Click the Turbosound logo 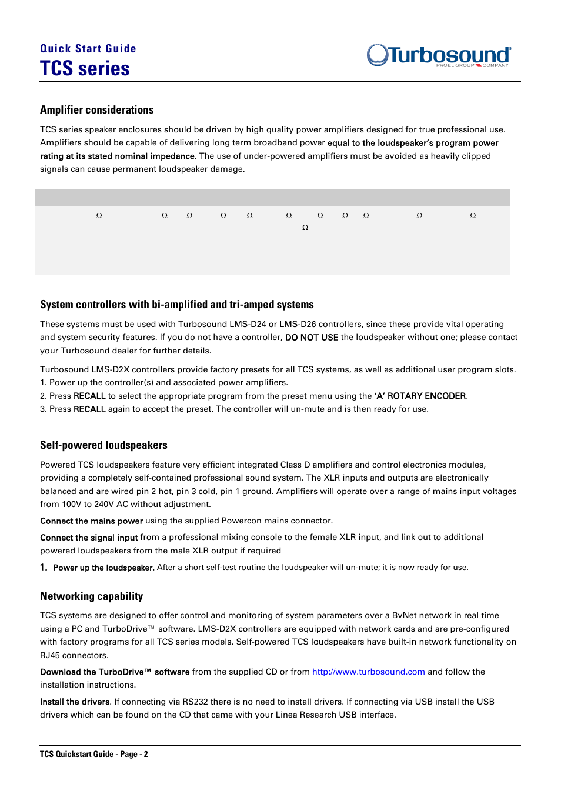[439, 55]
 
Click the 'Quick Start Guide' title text [88, 49]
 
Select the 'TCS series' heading [85, 69]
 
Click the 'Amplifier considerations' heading [97, 110]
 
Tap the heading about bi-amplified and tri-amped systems [176, 305]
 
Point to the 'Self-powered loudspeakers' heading [103, 445]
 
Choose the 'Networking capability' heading [91, 596]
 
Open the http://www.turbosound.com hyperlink [368, 672]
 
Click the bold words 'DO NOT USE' [312, 338]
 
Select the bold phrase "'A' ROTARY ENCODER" [420, 396]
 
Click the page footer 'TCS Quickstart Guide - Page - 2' [94, 754]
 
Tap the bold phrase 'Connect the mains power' [91, 521]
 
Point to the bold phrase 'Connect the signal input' [89, 538]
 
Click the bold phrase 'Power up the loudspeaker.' [103, 568]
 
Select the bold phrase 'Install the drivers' [75, 702]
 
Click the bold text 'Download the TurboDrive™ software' [115, 672]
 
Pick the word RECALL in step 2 [89, 396]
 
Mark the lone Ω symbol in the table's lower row [305, 228]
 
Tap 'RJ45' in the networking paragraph [50, 655]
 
